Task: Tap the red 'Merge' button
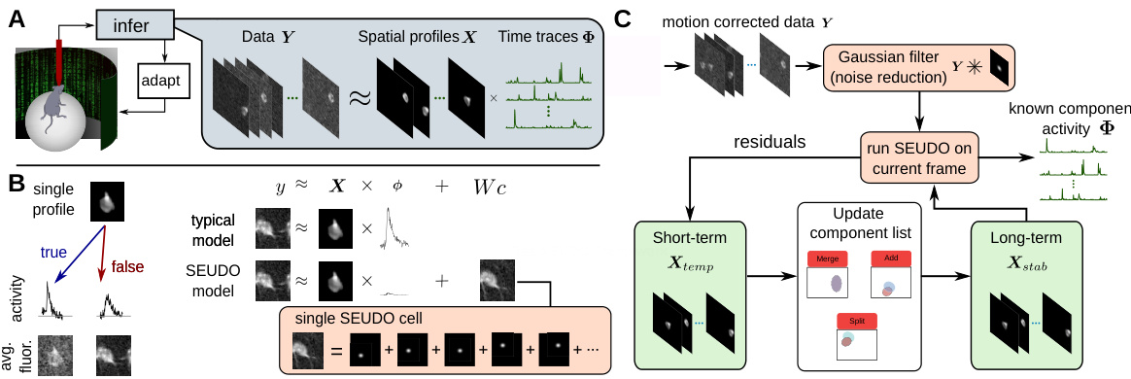[x=826, y=258]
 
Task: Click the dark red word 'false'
[x=128, y=265]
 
